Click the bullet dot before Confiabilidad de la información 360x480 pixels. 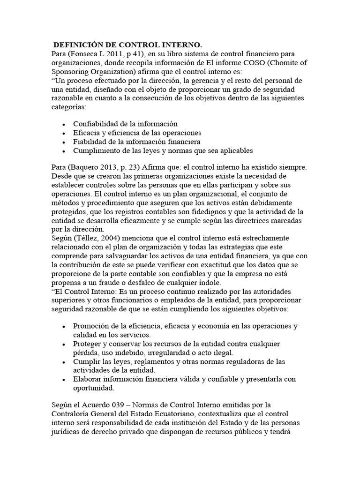63,124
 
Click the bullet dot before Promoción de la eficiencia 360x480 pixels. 63,326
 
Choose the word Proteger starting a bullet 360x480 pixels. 88,344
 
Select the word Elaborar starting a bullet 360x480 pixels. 88,379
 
